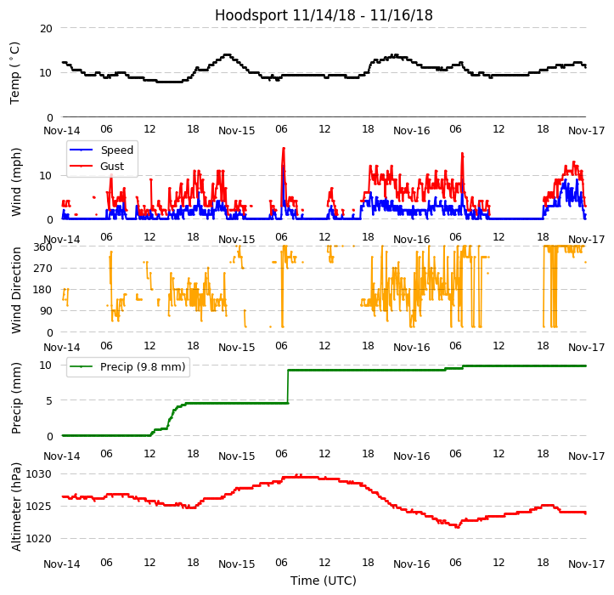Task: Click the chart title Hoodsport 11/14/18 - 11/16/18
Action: click(324, 15)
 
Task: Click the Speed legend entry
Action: click(116, 150)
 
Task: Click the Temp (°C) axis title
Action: click(15, 72)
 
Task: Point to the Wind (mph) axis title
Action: click(16, 181)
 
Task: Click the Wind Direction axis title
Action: click(16, 290)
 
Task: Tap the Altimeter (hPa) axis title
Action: click(16, 507)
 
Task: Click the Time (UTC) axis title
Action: click(324, 581)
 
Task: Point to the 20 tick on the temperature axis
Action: click(46, 28)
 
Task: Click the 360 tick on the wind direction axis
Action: click(42, 247)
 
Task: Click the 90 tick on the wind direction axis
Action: click(46, 311)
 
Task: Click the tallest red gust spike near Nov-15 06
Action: click(284, 150)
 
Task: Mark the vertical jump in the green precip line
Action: click(287, 387)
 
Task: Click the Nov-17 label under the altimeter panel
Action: click(586, 564)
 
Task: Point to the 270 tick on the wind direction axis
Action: click(42, 269)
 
